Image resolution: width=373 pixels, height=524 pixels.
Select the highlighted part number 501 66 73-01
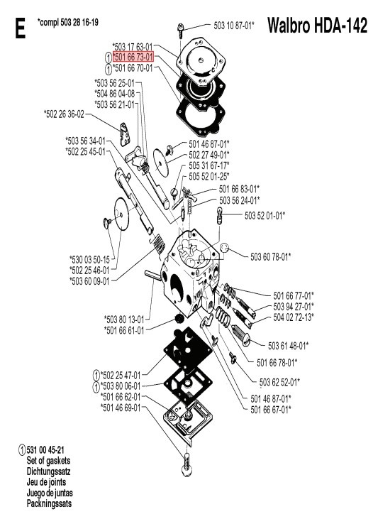click(x=133, y=57)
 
